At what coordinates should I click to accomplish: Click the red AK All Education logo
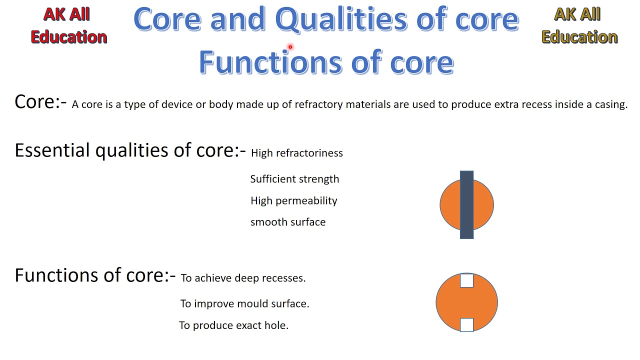68,25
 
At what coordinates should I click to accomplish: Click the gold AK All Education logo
579,25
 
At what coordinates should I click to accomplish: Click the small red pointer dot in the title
290,47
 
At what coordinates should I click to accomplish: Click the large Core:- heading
40,102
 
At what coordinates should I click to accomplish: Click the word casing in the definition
610,104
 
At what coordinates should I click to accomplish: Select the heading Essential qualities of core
130,150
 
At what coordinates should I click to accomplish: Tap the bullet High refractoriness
296,153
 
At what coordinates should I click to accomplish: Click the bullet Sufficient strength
294,179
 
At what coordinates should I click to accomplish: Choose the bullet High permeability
293,200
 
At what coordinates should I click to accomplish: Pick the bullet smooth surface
287,222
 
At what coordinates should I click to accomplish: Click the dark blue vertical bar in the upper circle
466,205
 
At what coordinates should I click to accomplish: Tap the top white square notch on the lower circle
466,280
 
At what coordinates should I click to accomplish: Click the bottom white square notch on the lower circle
466,324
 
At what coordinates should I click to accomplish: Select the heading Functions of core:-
95,275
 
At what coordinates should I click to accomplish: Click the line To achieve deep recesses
243,278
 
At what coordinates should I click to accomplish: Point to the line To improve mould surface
244,303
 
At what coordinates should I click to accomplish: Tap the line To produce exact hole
233,325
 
